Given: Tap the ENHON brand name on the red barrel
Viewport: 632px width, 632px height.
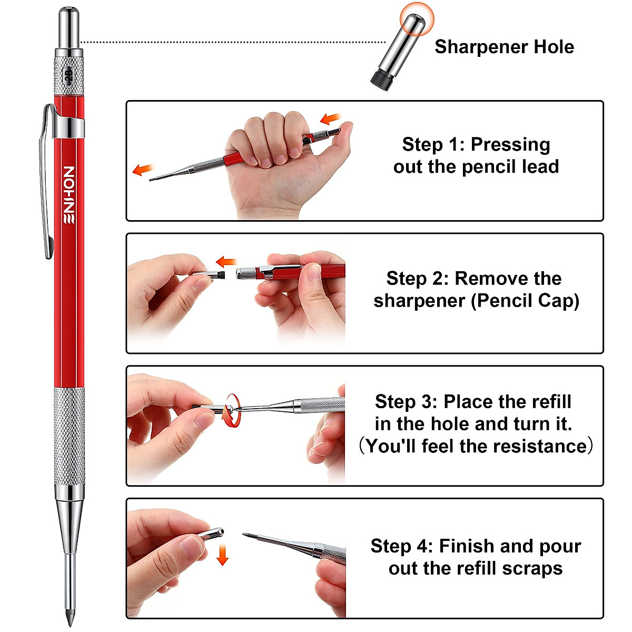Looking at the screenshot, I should click(x=69, y=195).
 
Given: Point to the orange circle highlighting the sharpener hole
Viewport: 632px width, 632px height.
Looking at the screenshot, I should click(x=416, y=19).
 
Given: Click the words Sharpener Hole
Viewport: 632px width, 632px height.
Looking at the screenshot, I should click(x=504, y=47).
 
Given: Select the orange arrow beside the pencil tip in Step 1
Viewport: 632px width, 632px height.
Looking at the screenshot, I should click(x=142, y=170).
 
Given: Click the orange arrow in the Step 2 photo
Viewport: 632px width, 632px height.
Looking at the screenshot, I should click(x=227, y=261).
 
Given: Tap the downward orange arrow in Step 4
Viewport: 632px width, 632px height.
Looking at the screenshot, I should click(x=223, y=555).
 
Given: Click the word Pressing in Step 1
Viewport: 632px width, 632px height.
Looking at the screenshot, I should click(x=510, y=144).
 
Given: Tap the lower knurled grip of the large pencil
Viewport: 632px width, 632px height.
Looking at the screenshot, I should click(x=69, y=437).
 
